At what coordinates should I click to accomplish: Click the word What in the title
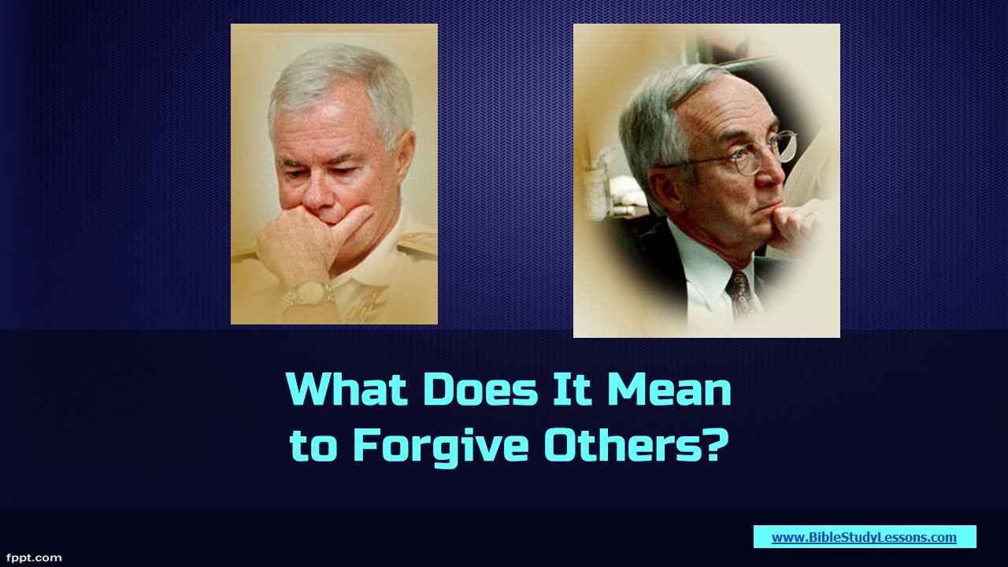click(x=347, y=389)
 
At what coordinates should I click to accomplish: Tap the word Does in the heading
click(x=480, y=389)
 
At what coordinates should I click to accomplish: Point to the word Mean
click(x=669, y=389)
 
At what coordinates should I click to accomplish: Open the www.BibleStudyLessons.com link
click(x=864, y=537)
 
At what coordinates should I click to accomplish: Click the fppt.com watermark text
click(x=34, y=558)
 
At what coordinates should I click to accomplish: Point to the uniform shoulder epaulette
click(x=417, y=245)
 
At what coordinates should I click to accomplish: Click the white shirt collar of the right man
click(x=706, y=265)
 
